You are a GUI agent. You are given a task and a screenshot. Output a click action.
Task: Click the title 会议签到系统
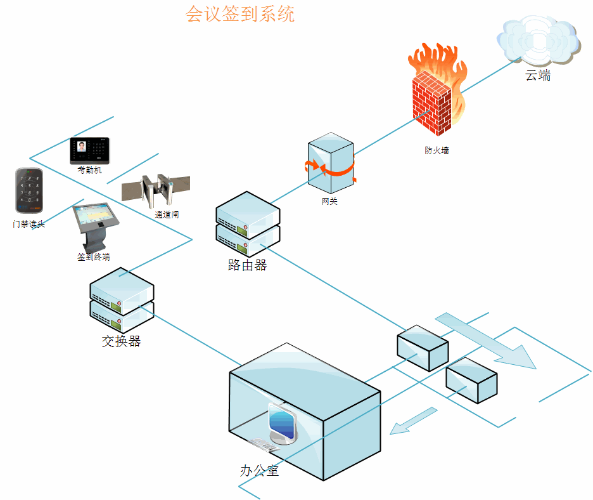(240, 14)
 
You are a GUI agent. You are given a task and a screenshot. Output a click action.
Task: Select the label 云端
(538, 76)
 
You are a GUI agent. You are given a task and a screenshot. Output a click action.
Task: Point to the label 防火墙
(437, 151)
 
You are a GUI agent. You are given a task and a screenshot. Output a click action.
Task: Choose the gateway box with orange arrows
(330, 164)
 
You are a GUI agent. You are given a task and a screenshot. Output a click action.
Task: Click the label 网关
(329, 202)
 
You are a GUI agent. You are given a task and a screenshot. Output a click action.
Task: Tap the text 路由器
(247, 265)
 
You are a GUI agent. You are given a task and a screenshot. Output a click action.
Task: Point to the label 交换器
(121, 341)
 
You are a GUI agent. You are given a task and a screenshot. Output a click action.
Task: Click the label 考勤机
(89, 171)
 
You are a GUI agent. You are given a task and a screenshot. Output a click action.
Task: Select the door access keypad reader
(29, 191)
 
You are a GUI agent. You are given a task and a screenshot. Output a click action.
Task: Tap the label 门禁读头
(29, 224)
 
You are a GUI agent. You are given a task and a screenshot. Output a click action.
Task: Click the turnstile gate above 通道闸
(155, 190)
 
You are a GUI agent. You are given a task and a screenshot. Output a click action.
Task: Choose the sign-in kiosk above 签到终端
(96, 225)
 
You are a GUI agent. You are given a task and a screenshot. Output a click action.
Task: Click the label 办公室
(259, 471)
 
